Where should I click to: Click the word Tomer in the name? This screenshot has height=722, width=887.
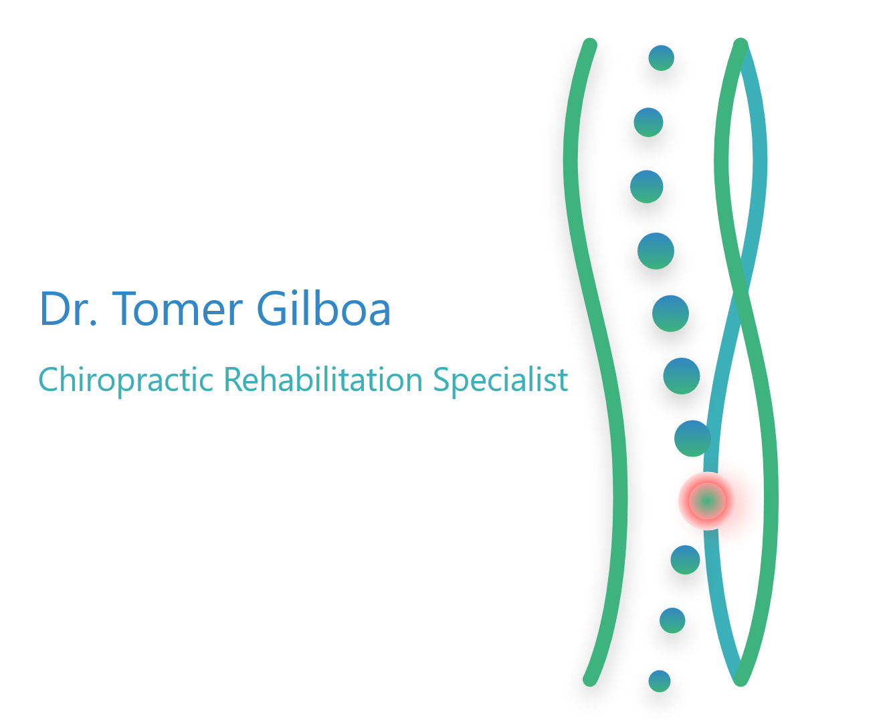(177, 308)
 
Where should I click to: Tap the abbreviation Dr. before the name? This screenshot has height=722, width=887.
(69, 308)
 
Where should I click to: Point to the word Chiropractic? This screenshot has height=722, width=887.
(126, 380)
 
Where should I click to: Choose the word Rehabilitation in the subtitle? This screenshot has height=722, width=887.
(323, 379)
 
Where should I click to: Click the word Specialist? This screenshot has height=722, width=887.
(500, 380)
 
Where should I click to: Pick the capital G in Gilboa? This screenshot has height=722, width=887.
(271, 308)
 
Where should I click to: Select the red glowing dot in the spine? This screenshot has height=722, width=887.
(706, 501)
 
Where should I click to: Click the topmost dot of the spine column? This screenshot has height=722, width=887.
(661, 58)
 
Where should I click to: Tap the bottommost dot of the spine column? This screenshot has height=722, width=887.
(659, 681)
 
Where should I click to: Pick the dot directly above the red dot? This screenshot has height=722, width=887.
(692, 438)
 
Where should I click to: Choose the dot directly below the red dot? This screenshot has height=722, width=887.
(685, 560)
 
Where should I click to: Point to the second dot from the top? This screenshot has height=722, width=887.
(648, 122)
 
